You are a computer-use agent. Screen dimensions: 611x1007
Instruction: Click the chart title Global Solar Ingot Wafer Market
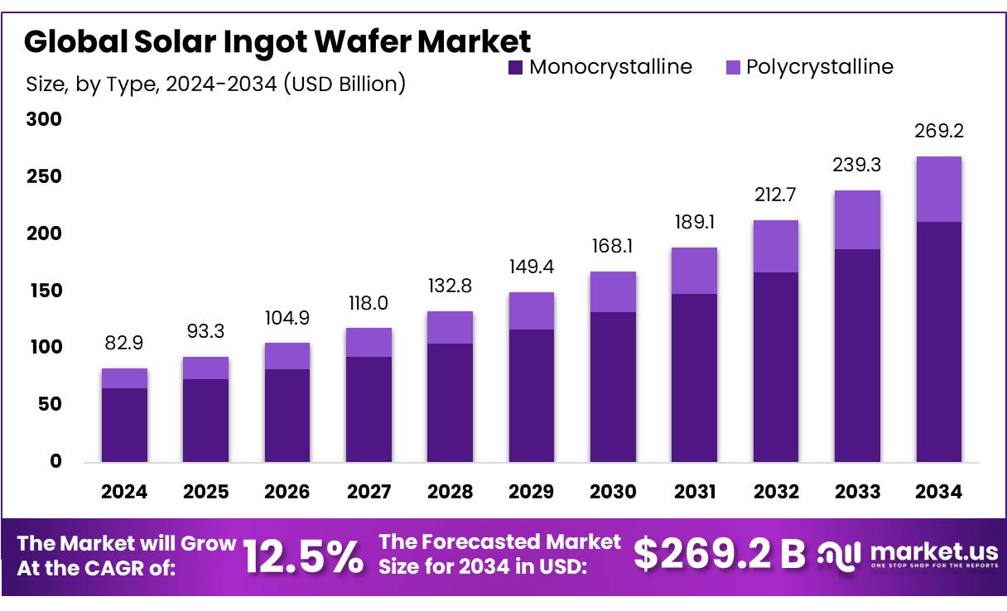click(277, 41)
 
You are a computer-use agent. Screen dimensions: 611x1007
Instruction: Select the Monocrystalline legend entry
click(600, 67)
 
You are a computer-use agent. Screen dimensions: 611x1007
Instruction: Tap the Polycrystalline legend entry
click(809, 67)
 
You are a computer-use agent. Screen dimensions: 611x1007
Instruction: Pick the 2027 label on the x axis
click(369, 492)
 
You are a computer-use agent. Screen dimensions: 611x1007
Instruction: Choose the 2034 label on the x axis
click(939, 492)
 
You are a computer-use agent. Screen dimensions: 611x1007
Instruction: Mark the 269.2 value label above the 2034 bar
click(939, 132)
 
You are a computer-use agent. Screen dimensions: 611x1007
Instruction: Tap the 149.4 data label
click(532, 267)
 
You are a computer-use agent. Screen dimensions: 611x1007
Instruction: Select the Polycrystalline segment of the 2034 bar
click(939, 189)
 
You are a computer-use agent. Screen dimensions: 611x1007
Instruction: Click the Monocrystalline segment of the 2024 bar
click(124, 425)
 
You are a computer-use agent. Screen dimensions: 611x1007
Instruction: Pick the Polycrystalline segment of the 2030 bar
click(613, 291)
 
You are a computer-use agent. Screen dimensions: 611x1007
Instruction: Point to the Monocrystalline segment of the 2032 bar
click(776, 367)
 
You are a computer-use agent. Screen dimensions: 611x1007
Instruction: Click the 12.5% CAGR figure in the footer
click(303, 556)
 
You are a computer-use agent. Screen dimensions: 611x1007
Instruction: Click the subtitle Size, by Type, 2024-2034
click(216, 84)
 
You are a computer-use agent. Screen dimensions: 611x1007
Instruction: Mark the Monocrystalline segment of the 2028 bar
click(450, 402)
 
